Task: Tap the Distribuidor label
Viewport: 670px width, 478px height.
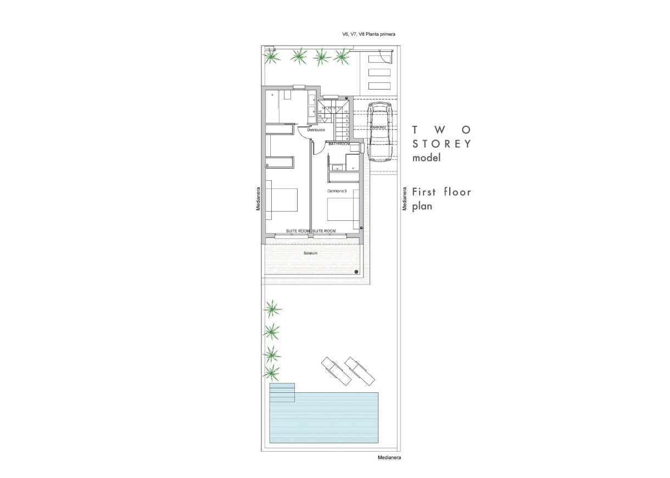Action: coord(316,130)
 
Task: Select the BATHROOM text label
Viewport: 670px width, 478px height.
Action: coord(339,144)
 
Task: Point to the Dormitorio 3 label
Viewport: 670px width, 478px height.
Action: coord(337,191)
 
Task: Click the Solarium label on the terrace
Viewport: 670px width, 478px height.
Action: coord(311,253)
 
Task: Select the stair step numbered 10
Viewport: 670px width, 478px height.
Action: coord(347,112)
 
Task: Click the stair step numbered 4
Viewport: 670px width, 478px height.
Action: coord(347,138)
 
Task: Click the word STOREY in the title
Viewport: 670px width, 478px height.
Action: coord(442,144)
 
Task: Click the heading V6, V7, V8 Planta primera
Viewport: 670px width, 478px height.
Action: coord(369,34)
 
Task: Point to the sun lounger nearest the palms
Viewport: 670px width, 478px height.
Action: coord(335,371)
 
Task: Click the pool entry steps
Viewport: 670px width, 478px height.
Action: coord(282,392)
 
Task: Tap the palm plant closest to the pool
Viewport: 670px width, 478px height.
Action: coord(271,374)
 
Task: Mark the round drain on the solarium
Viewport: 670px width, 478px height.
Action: coord(356,271)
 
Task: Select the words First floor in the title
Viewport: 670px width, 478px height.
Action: coord(442,192)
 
